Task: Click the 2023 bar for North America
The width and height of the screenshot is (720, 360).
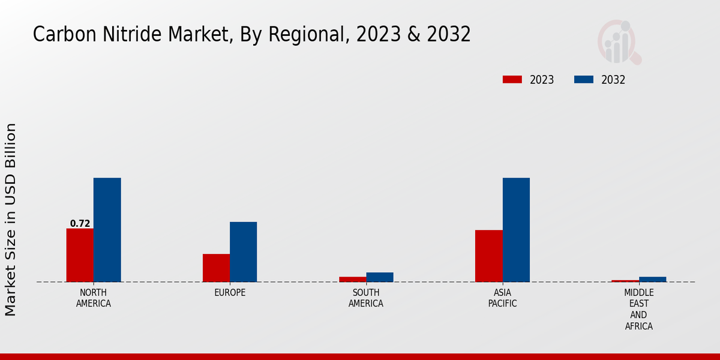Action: point(80,255)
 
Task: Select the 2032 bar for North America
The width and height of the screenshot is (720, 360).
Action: point(107,230)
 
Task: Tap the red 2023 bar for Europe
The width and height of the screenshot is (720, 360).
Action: point(216,268)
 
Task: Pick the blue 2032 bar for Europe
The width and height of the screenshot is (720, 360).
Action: point(244,252)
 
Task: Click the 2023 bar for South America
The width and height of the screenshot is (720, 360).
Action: point(353,279)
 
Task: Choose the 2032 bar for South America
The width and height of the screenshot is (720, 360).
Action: point(380,277)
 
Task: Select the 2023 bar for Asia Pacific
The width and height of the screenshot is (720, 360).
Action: point(489,256)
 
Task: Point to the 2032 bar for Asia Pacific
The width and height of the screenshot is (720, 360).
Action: point(516,230)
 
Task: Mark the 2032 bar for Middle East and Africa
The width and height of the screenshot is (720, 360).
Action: point(653,279)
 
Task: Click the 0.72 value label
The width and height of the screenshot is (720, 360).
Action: point(80,224)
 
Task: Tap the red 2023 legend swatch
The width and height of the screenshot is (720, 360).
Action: point(512,80)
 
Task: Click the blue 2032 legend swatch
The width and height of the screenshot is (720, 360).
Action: point(584,80)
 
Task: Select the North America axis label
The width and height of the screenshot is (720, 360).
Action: point(94,298)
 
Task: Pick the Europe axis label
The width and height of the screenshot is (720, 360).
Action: point(230,293)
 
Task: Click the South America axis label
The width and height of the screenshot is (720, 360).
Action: point(366,298)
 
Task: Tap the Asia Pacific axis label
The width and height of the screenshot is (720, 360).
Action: point(503,298)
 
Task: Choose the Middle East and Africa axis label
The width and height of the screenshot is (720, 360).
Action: point(639,310)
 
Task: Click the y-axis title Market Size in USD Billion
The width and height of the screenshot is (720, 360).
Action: point(11,219)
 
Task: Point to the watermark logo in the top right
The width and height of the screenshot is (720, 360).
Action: point(619,42)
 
